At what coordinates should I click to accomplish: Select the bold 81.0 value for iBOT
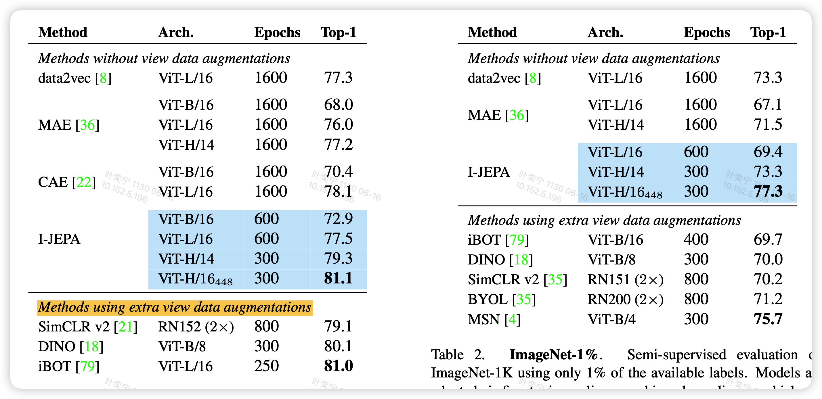338,366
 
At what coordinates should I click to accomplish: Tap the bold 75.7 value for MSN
768,319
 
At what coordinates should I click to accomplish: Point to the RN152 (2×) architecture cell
196,327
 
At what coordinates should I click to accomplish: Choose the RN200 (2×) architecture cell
626,299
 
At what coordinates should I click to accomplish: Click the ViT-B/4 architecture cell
611,319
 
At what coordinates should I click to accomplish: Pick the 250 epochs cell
266,366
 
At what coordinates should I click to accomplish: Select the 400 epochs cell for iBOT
696,239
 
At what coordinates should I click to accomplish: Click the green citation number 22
84,182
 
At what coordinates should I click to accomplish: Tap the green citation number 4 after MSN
513,319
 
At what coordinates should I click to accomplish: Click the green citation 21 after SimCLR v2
125,327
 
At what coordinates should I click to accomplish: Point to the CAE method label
53,182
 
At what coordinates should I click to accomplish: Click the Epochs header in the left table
277,32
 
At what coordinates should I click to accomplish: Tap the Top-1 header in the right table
768,32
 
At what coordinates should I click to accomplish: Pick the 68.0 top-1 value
338,105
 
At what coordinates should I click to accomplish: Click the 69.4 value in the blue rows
768,152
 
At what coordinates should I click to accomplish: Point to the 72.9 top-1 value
338,219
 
